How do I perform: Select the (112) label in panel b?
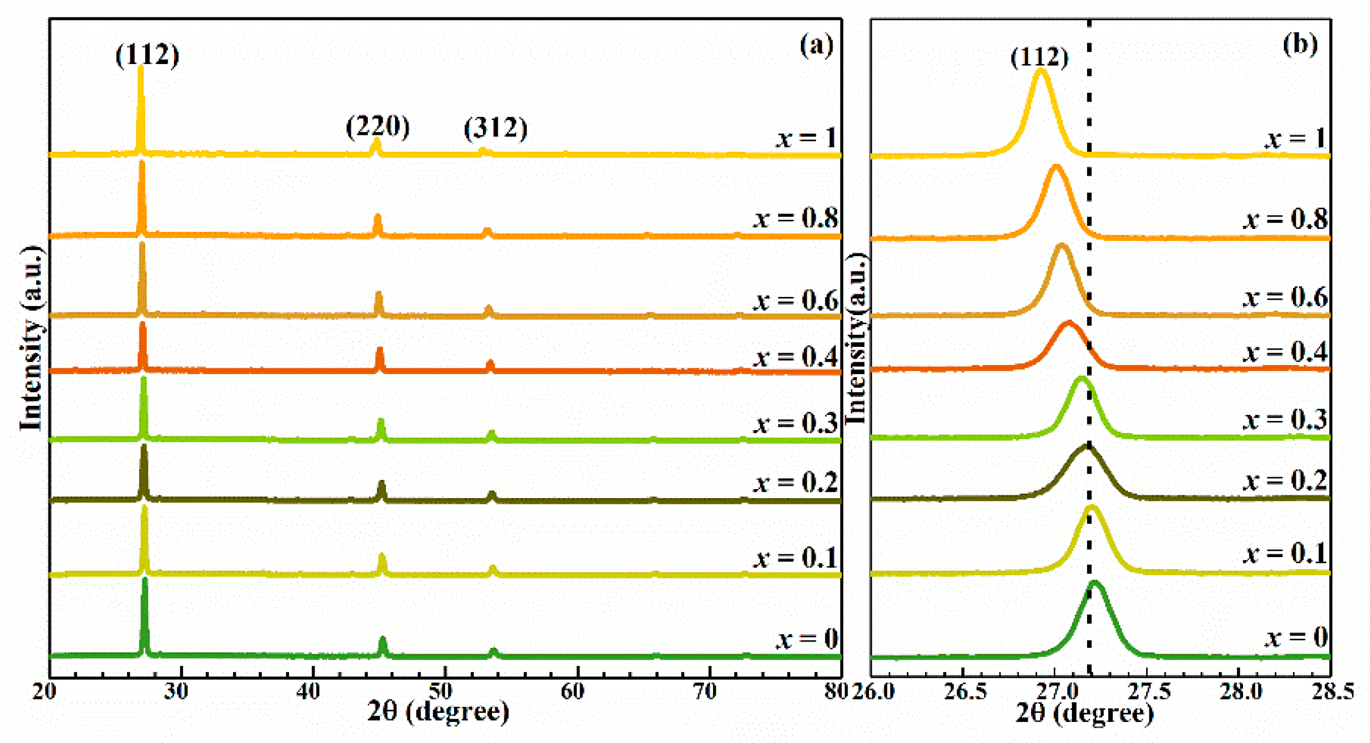tap(1040, 57)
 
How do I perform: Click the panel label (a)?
tap(816, 45)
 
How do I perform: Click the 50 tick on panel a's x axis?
tap(441, 691)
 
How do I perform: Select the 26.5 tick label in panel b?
tap(964, 692)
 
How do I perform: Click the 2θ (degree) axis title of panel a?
tap(438, 711)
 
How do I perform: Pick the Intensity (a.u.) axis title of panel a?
tap(32, 338)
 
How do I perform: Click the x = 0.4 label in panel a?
tap(795, 357)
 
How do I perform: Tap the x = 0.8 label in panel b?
tap(1286, 219)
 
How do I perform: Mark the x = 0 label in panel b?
tap(1296, 638)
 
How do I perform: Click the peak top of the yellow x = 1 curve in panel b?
tap(1040, 70)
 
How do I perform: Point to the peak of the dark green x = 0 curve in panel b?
tap(1095, 583)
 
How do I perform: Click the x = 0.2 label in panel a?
tap(795, 482)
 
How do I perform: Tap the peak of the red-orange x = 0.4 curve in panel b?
tap(1069, 323)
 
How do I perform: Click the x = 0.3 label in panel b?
tap(1286, 419)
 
